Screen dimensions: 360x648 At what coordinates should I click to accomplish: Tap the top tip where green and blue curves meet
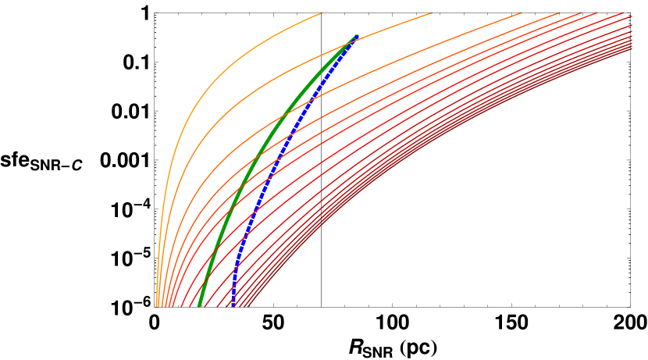click(356, 36)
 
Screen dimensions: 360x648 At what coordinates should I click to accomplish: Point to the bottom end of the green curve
click(199, 305)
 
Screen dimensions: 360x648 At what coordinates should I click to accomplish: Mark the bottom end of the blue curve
click(233, 305)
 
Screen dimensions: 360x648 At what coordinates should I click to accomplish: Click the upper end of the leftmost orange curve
click(322, 12)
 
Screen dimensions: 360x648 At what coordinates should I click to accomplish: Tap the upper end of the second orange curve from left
click(432, 12)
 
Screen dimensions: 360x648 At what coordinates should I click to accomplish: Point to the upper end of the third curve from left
click(522, 12)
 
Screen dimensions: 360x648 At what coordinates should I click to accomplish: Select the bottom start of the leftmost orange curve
click(157, 305)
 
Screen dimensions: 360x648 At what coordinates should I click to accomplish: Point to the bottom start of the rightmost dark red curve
click(248, 305)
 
